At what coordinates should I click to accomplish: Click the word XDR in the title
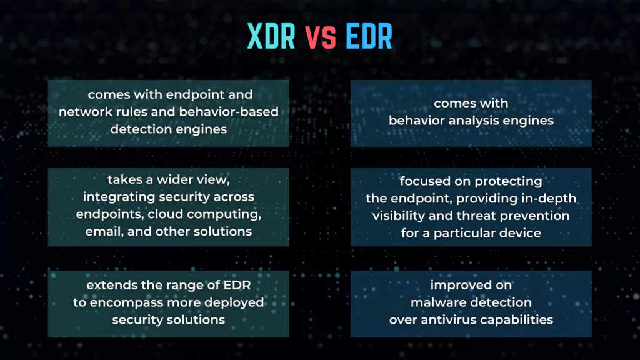[x=271, y=36]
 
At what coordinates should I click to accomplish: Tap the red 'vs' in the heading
[x=321, y=37]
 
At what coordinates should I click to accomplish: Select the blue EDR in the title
[x=369, y=36]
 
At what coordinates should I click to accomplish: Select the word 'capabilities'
[x=517, y=320]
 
